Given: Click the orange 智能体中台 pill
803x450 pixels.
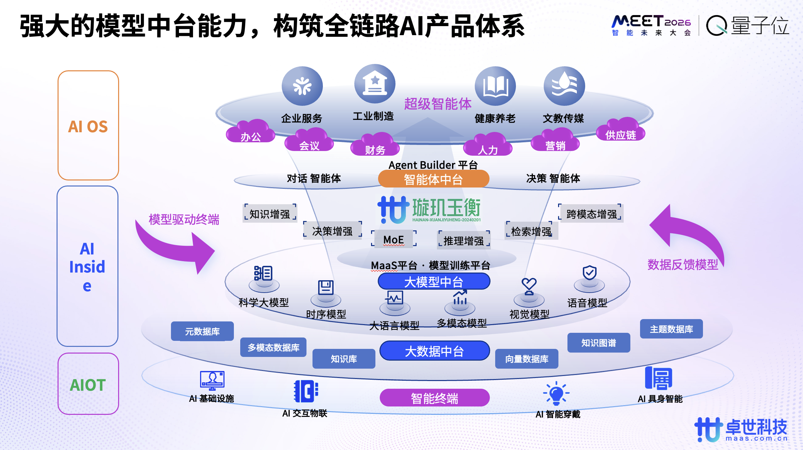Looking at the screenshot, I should click(x=434, y=179).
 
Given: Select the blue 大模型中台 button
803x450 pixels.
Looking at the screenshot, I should click(x=434, y=282).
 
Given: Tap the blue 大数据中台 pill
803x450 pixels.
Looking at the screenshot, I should click(x=434, y=351).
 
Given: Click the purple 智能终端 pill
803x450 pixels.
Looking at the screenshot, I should click(x=434, y=398).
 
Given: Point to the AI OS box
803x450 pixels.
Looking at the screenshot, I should click(x=88, y=126).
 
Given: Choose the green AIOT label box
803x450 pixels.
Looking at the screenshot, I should click(x=88, y=384).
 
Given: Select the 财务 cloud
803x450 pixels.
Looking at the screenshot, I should click(x=375, y=146).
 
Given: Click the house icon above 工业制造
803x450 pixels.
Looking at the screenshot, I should click(x=375, y=84).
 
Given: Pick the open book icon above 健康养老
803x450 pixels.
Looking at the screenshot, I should click(x=495, y=86).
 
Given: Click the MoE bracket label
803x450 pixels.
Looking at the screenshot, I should click(x=393, y=239).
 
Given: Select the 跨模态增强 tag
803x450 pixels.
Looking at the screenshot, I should click(x=591, y=214).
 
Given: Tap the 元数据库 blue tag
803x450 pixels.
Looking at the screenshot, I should click(x=202, y=331).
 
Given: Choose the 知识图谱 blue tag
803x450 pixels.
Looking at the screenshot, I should click(x=599, y=343).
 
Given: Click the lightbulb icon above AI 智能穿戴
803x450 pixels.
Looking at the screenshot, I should click(x=556, y=394).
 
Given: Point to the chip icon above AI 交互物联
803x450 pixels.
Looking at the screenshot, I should click(x=305, y=391).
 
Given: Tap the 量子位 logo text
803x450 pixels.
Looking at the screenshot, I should click(x=760, y=25).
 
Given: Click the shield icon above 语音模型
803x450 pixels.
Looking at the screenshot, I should click(x=589, y=273).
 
